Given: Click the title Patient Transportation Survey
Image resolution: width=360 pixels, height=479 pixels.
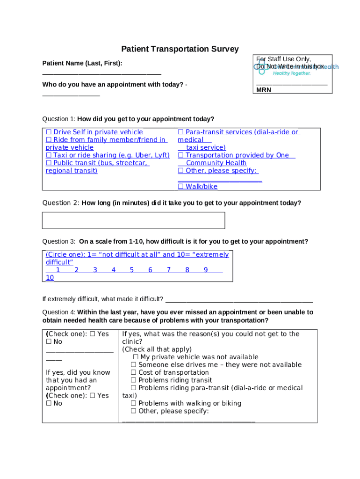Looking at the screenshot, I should click(x=180, y=49).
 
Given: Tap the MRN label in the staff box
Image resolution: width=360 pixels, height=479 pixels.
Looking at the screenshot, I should click(x=263, y=90).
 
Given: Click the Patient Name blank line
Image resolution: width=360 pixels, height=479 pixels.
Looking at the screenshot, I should click(x=101, y=74).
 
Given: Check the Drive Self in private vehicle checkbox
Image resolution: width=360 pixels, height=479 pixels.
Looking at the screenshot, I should click(x=49, y=132).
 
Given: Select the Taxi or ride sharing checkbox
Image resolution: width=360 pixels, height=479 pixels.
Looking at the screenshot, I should click(x=49, y=155).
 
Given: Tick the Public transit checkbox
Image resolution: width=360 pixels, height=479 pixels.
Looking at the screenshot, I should click(x=49, y=163).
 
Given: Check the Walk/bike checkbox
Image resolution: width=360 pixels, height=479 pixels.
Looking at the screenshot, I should click(x=180, y=187).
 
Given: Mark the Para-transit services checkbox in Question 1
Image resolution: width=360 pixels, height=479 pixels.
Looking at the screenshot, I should click(x=180, y=132).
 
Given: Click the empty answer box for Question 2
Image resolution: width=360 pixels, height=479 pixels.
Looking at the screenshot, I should click(x=133, y=220).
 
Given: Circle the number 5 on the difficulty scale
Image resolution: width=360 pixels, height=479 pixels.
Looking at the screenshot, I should click(x=132, y=270).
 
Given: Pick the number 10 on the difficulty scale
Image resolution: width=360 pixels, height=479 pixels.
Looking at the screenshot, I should click(x=50, y=278).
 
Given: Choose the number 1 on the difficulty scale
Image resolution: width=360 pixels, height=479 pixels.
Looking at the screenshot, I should click(x=58, y=270).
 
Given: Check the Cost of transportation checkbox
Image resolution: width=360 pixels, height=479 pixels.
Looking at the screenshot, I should click(x=134, y=373).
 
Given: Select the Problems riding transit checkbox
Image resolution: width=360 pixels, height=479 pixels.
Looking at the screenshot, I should click(x=134, y=380).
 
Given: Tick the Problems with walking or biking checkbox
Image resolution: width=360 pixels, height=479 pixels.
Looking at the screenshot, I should click(x=134, y=403).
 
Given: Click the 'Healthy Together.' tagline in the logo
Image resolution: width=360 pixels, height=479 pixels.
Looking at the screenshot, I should click(x=292, y=73).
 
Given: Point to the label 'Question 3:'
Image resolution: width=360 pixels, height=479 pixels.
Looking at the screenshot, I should click(x=59, y=242).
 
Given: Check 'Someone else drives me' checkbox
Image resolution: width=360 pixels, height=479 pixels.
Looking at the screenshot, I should click(x=134, y=365).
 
